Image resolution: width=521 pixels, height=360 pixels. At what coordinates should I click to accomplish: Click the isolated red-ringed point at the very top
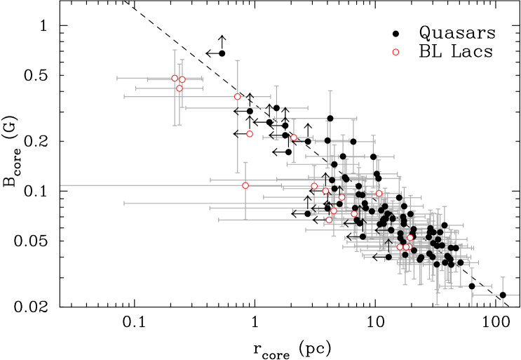[395, 52]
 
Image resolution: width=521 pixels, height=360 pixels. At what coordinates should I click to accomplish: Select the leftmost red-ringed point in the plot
[175, 78]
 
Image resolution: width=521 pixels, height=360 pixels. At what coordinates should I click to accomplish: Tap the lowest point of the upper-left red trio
[180, 88]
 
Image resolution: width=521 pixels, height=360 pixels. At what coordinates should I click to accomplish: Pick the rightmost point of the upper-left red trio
[182, 79]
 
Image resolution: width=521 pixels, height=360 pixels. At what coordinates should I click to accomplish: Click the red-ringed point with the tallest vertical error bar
[237, 97]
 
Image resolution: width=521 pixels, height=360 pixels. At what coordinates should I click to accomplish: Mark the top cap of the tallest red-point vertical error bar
[237, 61]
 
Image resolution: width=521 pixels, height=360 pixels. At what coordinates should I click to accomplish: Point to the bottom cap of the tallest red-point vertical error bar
[237, 172]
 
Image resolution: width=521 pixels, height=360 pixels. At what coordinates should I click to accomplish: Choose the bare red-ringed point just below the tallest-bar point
[250, 134]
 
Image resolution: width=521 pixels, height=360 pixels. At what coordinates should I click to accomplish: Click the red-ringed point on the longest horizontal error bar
[245, 185]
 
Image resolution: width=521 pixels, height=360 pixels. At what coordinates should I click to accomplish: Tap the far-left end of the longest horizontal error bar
[61, 185]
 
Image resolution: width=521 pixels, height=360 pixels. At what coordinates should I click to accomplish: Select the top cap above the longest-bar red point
[245, 163]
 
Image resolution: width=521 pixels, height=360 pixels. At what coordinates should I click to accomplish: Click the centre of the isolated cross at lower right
[503, 295]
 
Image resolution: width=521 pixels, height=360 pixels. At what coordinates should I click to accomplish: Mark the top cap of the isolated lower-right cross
[503, 277]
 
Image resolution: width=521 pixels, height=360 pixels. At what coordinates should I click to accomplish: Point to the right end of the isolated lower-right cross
[519, 295]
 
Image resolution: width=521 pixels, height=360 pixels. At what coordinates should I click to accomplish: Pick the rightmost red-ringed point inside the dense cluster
[410, 237]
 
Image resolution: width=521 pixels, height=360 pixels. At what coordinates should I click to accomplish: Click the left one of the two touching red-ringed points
[400, 247]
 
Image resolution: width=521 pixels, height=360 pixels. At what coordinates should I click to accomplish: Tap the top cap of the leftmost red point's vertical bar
[175, 51]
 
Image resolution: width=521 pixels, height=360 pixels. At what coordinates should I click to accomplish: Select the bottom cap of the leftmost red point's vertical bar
[175, 125]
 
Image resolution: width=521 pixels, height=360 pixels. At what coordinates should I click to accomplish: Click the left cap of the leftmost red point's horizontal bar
[118, 78]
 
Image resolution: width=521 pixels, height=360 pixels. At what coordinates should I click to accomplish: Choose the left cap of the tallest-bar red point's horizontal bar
[125, 97]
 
